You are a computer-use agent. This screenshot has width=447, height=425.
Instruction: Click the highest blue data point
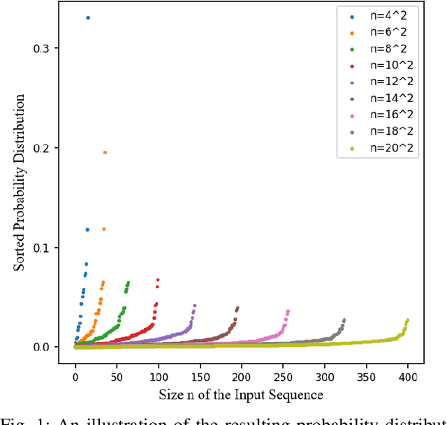(87, 17)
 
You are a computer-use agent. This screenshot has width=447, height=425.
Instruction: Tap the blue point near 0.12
(87, 229)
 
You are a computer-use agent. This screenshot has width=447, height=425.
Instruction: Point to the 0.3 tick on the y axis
(51, 48)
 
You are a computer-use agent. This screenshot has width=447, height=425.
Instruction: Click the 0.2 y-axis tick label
(51, 148)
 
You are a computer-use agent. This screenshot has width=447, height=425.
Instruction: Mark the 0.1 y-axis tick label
(51, 248)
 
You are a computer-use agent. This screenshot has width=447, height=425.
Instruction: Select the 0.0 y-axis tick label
(51, 347)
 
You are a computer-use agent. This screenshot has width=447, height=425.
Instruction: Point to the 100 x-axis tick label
(159, 376)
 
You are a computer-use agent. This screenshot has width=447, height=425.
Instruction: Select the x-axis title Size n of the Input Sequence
(240, 395)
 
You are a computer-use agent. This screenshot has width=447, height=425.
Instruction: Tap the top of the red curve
(158, 280)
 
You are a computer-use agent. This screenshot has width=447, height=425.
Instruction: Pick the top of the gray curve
(344, 320)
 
